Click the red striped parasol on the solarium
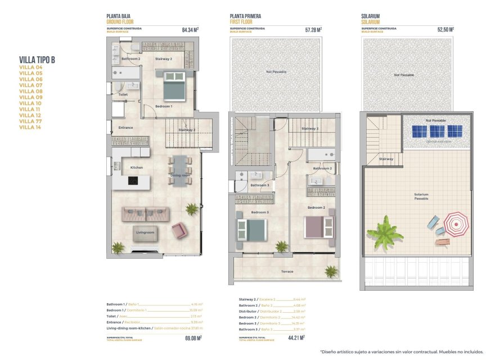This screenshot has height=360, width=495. click(455, 224)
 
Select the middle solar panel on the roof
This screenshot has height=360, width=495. click(437, 131)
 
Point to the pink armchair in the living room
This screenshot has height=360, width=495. click(179, 230)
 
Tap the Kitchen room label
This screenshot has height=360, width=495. click(137, 167)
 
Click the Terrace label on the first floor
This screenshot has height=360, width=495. click(287, 271)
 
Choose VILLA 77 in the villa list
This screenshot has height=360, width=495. click(31, 121)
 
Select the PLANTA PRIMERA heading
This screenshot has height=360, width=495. click(245, 17)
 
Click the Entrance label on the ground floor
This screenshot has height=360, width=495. click(126, 128)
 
